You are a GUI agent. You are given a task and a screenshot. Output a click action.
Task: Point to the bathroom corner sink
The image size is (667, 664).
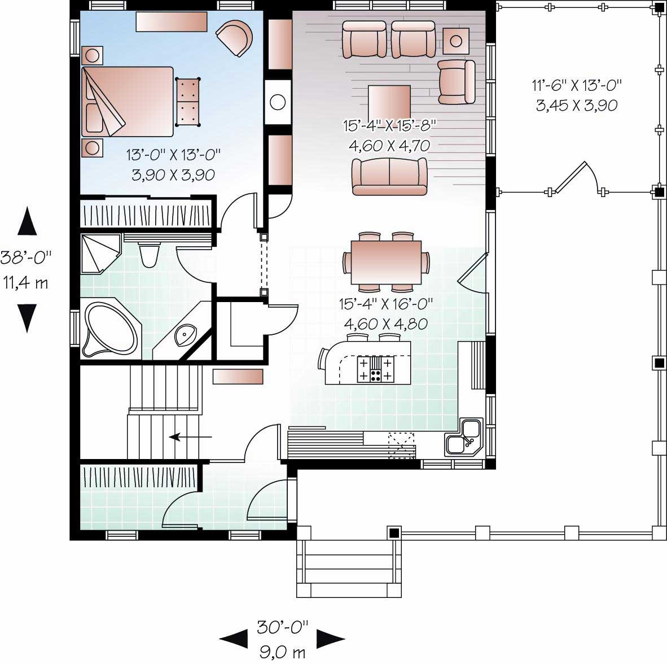[186, 335]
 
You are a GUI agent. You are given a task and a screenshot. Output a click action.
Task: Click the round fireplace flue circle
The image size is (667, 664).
[278, 102]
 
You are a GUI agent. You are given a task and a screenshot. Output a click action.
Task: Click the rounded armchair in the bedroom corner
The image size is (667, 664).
[234, 38]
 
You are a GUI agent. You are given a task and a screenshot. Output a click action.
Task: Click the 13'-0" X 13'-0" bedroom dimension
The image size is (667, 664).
[173, 153]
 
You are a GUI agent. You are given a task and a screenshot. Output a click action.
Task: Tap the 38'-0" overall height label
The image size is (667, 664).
[26, 257]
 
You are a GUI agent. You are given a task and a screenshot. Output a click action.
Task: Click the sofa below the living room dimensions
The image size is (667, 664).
[389, 176]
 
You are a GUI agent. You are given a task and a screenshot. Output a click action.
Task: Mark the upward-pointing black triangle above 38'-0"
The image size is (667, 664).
[27, 221]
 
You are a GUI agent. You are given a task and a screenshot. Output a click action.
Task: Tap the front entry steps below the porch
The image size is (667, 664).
[349, 568]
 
